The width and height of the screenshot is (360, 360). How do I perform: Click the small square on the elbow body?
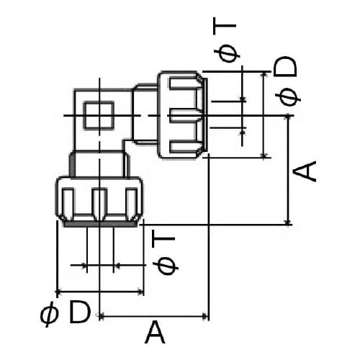tap(99, 115)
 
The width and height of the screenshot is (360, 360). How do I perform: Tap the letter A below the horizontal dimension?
tap(155, 334)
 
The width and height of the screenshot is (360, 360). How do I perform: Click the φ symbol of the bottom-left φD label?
tap(49, 314)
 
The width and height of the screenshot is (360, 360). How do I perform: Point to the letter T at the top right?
tap(228, 28)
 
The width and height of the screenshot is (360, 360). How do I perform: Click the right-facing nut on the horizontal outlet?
tap(182, 114)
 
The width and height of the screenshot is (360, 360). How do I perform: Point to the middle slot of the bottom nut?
tap(99, 204)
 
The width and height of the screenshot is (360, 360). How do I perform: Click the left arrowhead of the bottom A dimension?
tap(102, 315)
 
